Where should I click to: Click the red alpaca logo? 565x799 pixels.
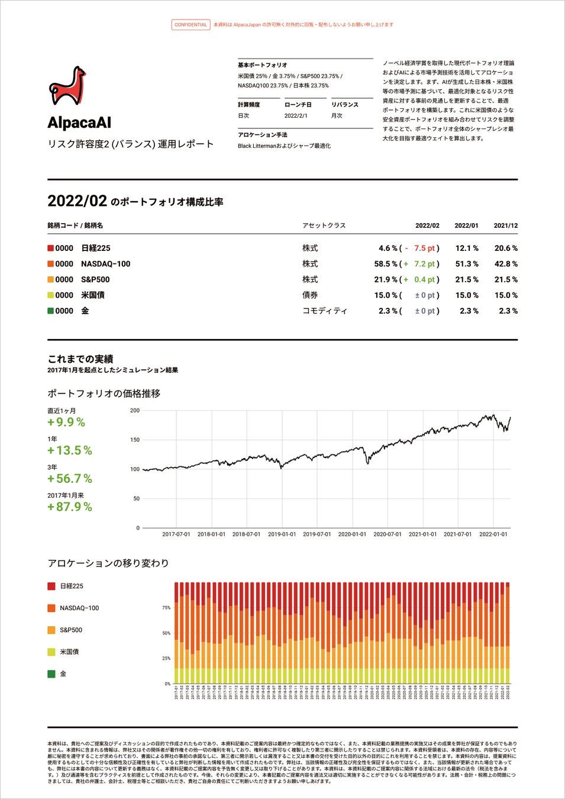(x=67, y=86)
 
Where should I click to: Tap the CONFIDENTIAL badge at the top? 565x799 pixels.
(x=191, y=25)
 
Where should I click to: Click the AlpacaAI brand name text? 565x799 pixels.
(x=79, y=123)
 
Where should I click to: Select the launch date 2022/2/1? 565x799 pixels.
(x=296, y=116)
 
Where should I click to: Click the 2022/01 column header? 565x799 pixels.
(x=466, y=225)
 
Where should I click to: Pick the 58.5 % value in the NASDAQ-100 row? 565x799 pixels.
(x=388, y=264)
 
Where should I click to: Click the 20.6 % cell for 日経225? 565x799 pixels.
(x=506, y=249)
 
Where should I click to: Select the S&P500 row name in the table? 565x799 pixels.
(x=95, y=279)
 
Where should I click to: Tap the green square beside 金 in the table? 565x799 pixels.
(x=51, y=311)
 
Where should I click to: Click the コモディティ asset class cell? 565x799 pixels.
(x=324, y=311)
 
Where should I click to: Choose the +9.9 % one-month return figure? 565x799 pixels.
(x=66, y=422)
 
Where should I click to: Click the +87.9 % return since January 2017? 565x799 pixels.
(x=70, y=507)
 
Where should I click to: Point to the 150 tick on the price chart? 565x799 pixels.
(x=135, y=440)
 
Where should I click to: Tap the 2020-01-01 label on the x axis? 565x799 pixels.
(x=352, y=534)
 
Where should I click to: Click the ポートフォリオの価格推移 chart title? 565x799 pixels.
(x=104, y=394)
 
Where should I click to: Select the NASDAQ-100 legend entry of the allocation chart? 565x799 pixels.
(x=79, y=608)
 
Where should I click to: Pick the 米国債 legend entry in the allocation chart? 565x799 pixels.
(x=69, y=652)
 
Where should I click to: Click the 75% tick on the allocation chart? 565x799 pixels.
(x=166, y=608)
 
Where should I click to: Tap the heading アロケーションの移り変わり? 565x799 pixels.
(x=108, y=563)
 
